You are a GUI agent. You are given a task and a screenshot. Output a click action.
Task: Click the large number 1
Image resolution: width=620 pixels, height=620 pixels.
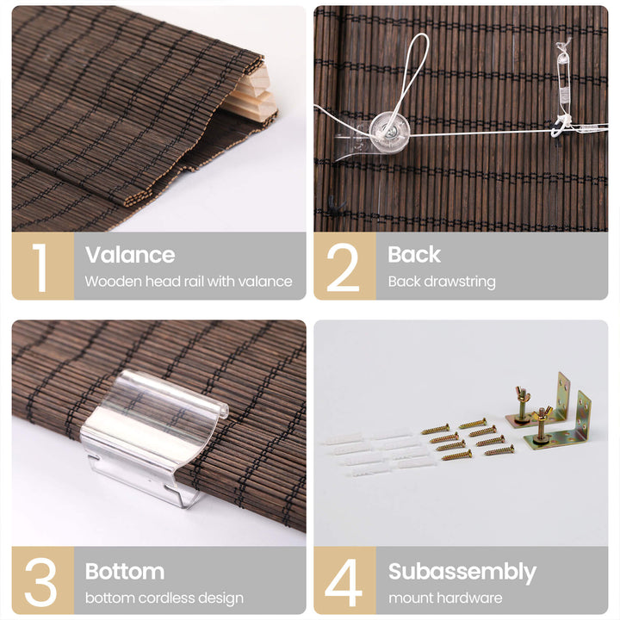[x=40, y=267]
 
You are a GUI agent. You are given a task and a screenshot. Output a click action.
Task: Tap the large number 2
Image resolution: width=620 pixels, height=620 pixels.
[x=343, y=267]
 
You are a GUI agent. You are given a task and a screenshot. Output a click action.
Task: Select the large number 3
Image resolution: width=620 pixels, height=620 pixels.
[x=40, y=582]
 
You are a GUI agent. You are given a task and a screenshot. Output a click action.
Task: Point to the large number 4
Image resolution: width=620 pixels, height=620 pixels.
[x=344, y=582]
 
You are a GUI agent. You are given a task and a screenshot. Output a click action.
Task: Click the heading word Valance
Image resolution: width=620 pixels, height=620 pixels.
[x=130, y=255]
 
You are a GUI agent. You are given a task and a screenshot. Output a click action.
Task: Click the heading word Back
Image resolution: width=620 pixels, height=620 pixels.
[x=414, y=254]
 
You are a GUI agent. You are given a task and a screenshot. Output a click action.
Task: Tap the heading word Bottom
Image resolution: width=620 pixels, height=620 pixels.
[x=125, y=572]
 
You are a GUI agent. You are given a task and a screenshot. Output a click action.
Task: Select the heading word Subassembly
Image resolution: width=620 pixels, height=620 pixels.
[x=462, y=572]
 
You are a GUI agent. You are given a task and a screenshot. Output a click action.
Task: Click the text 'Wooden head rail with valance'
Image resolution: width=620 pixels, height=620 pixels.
[x=189, y=282]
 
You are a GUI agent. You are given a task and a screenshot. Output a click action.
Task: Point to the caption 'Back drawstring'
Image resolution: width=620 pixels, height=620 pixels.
[x=442, y=282]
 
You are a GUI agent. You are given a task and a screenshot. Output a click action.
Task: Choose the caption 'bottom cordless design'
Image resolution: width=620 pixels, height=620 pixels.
[x=164, y=598]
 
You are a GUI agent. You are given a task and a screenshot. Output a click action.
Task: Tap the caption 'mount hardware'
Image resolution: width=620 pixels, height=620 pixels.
[x=445, y=598]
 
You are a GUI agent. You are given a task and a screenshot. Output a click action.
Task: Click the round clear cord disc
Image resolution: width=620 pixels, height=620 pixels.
[x=389, y=131]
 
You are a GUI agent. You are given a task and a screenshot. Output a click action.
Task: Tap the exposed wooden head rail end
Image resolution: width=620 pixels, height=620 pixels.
[x=257, y=95]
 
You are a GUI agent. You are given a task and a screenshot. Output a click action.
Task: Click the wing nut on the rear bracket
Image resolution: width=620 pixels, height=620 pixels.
[x=522, y=396]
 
